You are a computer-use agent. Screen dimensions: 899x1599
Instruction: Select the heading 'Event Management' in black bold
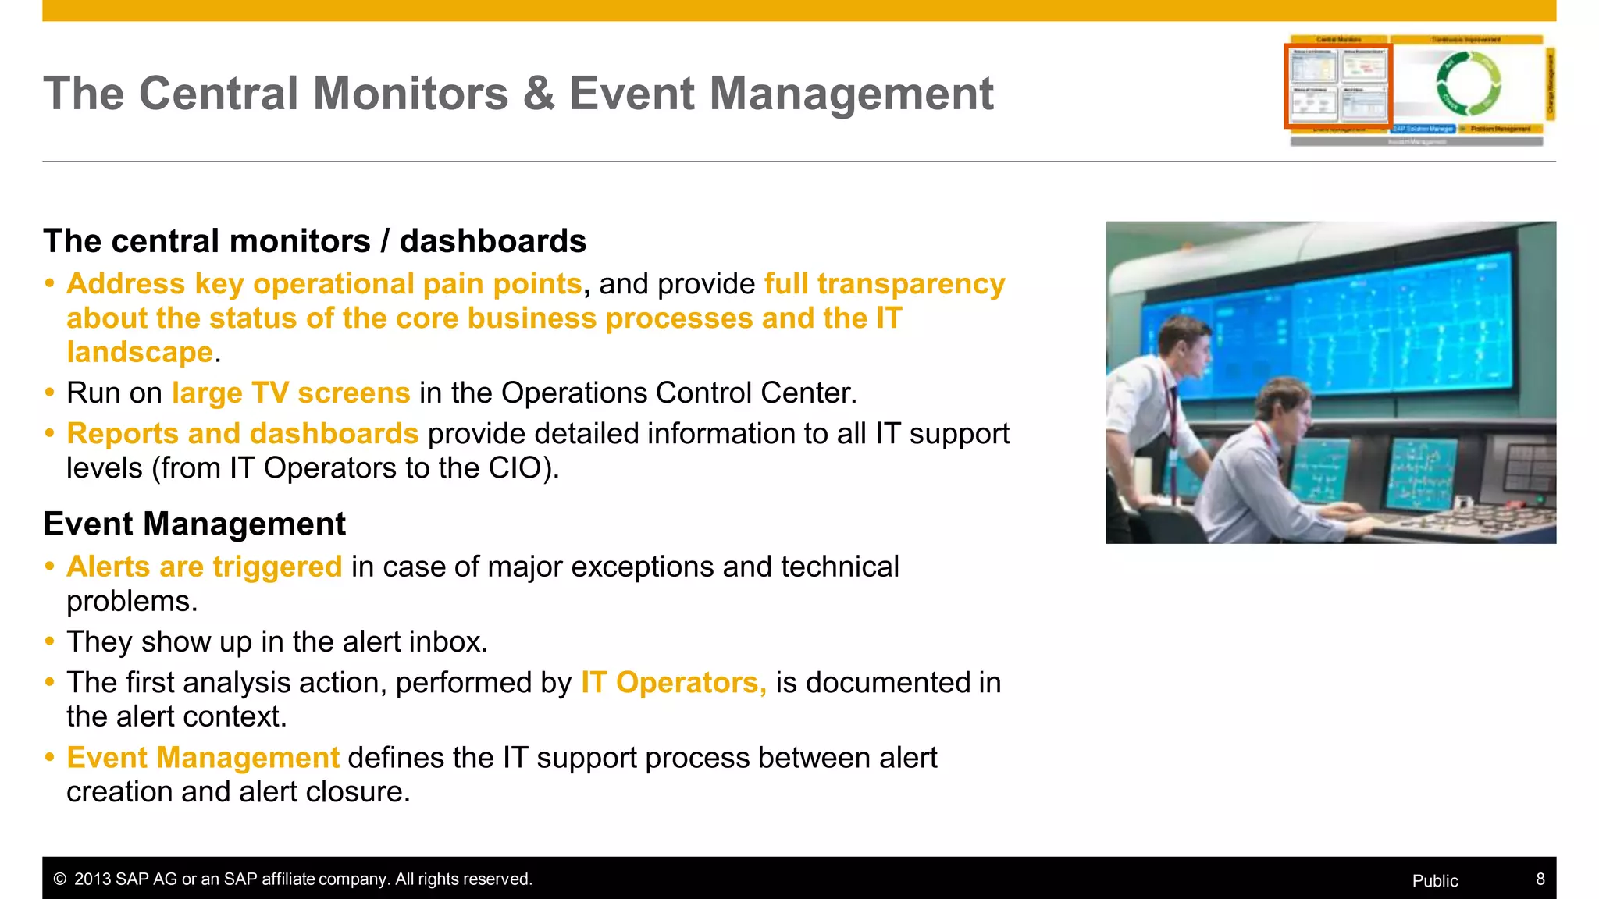(x=194, y=524)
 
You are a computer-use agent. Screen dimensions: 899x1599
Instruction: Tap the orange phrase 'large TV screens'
(x=290, y=393)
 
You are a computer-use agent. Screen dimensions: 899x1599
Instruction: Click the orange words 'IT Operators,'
(x=673, y=683)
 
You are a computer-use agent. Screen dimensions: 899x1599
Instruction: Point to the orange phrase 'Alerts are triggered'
(x=205, y=567)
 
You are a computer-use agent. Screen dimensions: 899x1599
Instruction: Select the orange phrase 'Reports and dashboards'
(x=243, y=434)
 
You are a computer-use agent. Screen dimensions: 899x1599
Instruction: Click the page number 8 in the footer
(x=1540, y=879)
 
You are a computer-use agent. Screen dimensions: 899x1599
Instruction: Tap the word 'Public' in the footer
(x=1434, y=881)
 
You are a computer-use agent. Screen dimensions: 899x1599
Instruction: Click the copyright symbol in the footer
(x=59, y=879)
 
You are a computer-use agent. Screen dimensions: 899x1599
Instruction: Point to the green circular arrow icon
(x=1468, y=84)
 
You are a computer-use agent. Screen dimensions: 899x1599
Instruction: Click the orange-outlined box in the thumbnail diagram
(x=1338, y=85)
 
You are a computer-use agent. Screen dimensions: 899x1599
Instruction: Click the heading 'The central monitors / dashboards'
(x=315, y=241)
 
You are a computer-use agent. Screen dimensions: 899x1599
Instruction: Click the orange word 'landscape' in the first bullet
(x=140, y=353)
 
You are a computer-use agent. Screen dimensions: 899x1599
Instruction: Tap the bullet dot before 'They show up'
(x=50, y=642)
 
